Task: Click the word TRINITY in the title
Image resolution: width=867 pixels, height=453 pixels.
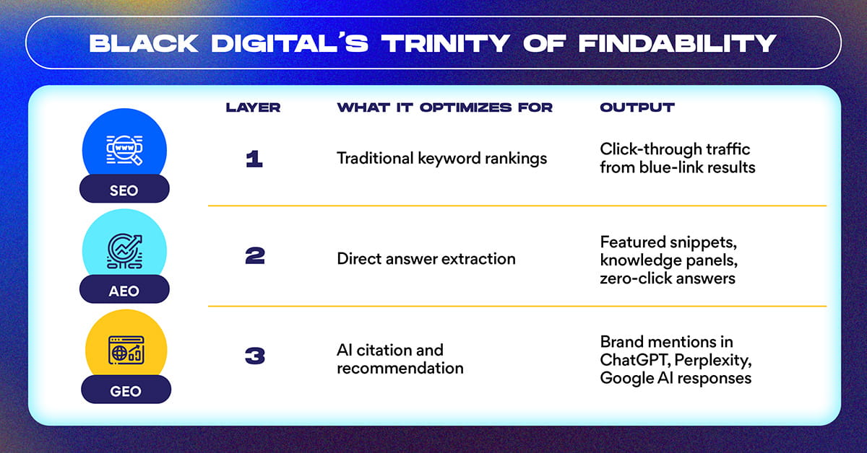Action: pyautogui.click(x=446, y=43)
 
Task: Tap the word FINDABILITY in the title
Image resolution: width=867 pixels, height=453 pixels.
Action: pyautogui.click(x=678, y=43)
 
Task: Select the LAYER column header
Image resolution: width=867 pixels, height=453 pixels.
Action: pyautogui.click(x=253, y=107)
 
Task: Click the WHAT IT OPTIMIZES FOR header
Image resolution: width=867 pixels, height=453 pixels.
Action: pyautogui.click(x=445, y=107)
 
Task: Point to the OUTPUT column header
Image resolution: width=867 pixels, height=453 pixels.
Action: pyautogui.click(x=637, y=107)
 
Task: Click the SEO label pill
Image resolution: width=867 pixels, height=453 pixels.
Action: pyautogui.click(x=124, y=188)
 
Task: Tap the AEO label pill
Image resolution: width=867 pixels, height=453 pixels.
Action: pyautogui.click(x=124, y=289)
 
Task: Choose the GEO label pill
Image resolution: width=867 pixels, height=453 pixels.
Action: pyautogui.click(x=126, y=390)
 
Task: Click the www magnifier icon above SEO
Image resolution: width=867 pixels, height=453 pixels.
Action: pyautogui.click(x=124, y=150)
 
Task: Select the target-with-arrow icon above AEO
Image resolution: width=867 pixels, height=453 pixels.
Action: pyautogui.click(x=124, y=251)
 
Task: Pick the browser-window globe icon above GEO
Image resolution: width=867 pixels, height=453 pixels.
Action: pyautogui.click(x=126, y=350)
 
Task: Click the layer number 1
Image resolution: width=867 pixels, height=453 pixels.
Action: pyautogui.click(x=254, y=159)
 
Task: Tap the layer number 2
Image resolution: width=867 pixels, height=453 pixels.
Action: pyautogui.click(x=255, y=256)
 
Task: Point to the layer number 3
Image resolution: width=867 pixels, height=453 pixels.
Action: pyautogui.click(x=255, y=356)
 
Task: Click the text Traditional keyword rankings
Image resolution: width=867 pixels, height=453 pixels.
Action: pyautogui.click(x=441, y=159)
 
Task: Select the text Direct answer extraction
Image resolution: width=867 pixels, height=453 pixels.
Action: pyautogui.click(x=426, y=259)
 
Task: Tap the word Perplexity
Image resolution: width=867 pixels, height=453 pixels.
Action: pyautogui.click(x=713, y=361)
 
